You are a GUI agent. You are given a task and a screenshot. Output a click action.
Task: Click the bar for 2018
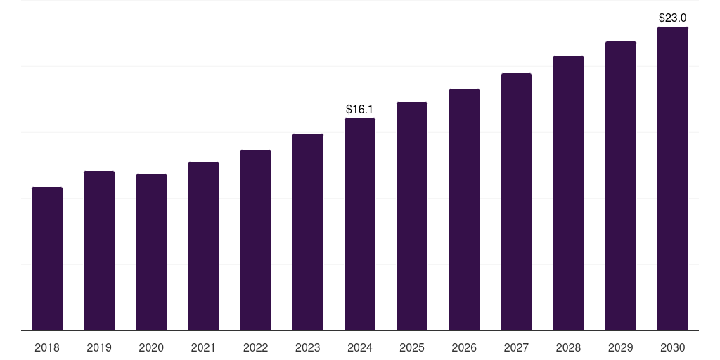tap(47, 259)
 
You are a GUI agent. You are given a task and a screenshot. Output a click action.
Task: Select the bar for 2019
tap(99, 251)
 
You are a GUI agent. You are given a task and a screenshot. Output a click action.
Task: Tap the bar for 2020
tap(151, 252)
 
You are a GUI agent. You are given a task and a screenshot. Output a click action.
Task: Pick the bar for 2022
tap(255, 240)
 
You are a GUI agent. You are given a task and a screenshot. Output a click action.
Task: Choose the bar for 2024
tap(360, 224)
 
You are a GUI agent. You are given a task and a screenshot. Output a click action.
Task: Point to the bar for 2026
tap(464, 210)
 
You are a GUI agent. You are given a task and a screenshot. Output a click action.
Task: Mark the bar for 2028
tap(568, 193)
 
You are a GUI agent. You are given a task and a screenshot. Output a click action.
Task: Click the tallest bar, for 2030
tap(672, 179)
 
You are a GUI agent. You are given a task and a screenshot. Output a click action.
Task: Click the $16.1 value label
tap(360, 110)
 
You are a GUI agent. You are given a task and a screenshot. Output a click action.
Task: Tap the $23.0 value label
tap(672, 18)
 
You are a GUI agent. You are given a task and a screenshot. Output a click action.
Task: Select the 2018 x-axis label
tap(47, 347)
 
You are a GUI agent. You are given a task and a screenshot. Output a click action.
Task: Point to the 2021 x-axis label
tap(203, 347)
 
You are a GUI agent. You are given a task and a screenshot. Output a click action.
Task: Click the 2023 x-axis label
tap(308, 347)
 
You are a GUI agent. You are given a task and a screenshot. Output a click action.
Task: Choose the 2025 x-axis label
tap(412, 347)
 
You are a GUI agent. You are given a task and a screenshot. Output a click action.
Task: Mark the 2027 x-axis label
tap(516, 347)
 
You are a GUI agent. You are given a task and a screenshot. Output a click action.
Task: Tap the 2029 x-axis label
tap(620, 347)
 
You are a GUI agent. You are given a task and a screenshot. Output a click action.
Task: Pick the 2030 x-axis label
tap(672, 347)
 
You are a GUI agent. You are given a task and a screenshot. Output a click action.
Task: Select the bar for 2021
tap(203, 246)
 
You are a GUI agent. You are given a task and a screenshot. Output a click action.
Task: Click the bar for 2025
tap(412, 217)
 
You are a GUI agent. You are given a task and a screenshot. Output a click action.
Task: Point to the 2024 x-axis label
tap(360, 347)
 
